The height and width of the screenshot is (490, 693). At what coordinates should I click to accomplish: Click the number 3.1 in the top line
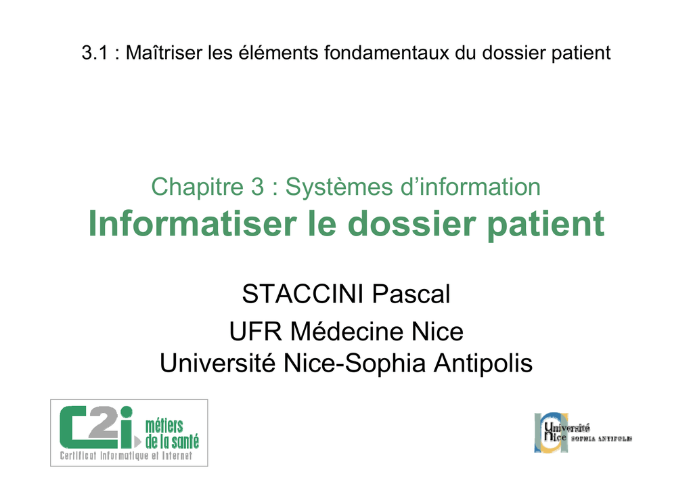pyautogui.click(x=95, y=53)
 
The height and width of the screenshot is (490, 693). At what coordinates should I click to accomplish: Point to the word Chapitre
pyautogui.click(x=197, y=186)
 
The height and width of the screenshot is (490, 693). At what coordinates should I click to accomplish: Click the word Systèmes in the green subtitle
pyautogui.click(x=339, y=187)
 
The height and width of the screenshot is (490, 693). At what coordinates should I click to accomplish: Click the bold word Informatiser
pyautogui.click(x=192, y=223)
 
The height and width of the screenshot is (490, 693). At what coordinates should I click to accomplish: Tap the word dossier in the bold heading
pyautogui.click(x=414, y=223)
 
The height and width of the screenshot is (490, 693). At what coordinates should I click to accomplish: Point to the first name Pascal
pyautogui.click(x=411, y=294)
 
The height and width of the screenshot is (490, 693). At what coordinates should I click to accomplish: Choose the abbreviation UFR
pyautogui.click(x=255, y=332)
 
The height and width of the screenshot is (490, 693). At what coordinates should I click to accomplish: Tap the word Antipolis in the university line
pyautogui.click(x=483, y=363)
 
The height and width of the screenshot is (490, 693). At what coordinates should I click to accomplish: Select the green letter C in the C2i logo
pyautogui.click(x=73, y=427)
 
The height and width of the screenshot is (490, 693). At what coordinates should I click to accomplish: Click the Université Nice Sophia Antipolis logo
pyautogui.click(x=583, y=432)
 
